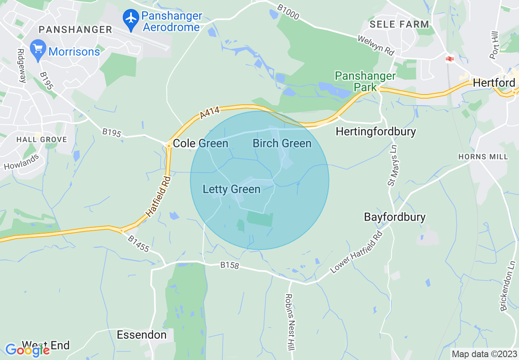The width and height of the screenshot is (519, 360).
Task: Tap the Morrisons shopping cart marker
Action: click(38, 49)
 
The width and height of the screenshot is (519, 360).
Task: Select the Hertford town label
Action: click(494, 83)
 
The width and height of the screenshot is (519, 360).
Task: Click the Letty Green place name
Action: click(232, 189)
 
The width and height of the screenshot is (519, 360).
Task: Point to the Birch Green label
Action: click(282, 143)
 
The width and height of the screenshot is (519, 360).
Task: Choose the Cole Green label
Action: click(201, 143)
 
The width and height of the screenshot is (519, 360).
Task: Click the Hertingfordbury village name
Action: click(375, 131)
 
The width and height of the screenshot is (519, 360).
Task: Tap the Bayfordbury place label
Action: click(395, 217)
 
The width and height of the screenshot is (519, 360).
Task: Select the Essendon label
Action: click(142, 335)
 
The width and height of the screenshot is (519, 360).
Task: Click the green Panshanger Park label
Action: click(365, 81)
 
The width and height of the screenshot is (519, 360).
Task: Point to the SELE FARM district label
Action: click(399, 24)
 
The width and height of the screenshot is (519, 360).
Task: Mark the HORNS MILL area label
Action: click(483, 157)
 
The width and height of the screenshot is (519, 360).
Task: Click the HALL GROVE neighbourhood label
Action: click(41, 139)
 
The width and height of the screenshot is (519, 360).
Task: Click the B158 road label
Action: click(229, 265)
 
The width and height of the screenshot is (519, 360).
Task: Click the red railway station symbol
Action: click(449, 59)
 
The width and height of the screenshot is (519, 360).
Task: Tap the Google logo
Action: click(27, 350)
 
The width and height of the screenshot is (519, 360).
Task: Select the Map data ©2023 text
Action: click(484, 354)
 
